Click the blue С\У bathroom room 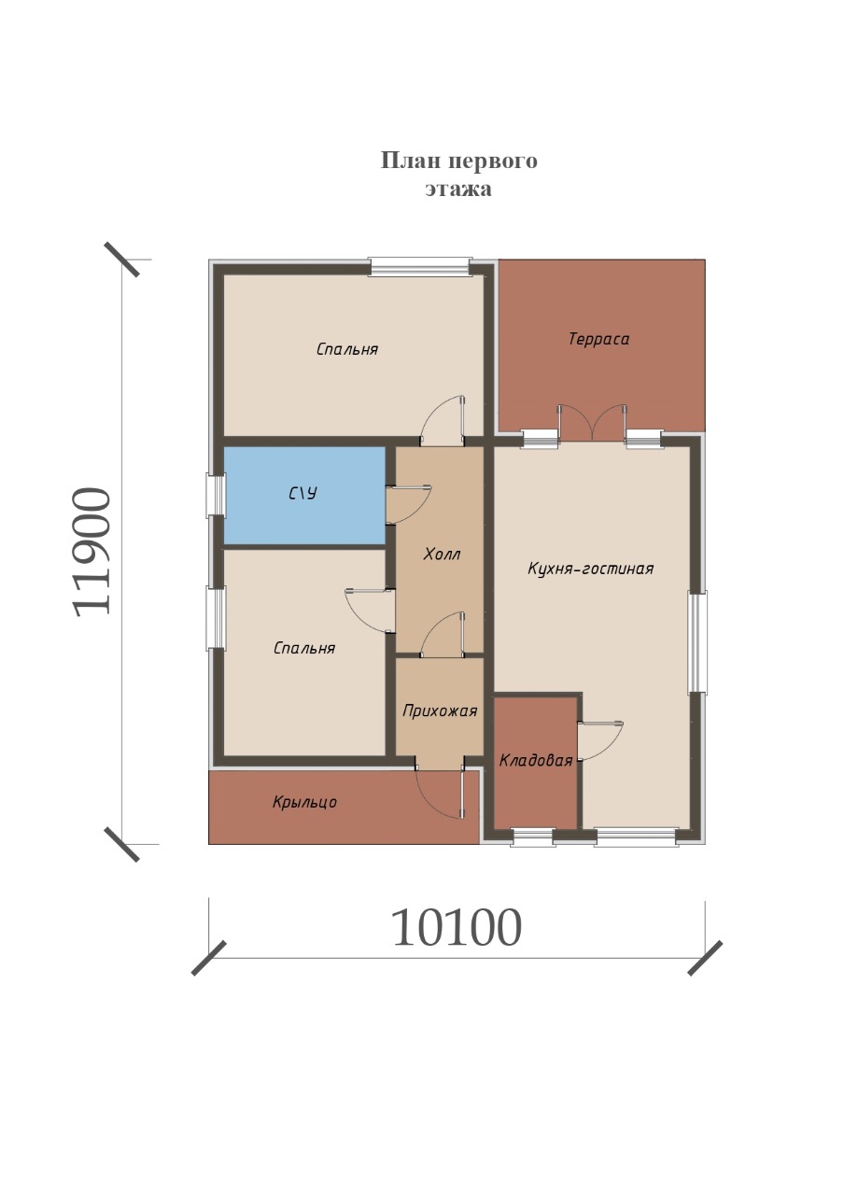coord(304,495)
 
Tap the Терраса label coord(598,339)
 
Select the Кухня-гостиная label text coord(591,569)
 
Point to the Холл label coord(442,555)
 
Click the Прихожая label coord(440,711)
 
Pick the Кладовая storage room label coord(536,761)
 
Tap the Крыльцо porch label coord(304,802)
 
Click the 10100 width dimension coord(457,928)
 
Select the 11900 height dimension coord(91,552)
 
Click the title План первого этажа coord(458,174)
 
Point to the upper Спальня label coord(346,349)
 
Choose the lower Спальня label coord(304,648)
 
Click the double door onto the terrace coord(592,423)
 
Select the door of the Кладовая coord(600,740)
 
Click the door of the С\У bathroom coord(408,505)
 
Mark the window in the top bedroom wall coord(421,267)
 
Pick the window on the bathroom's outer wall coord(216,496)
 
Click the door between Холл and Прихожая coord(443,635)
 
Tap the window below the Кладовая coord(533,838)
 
